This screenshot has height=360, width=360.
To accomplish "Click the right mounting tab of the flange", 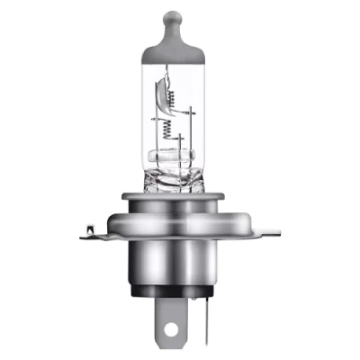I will click(x=271, y=233).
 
